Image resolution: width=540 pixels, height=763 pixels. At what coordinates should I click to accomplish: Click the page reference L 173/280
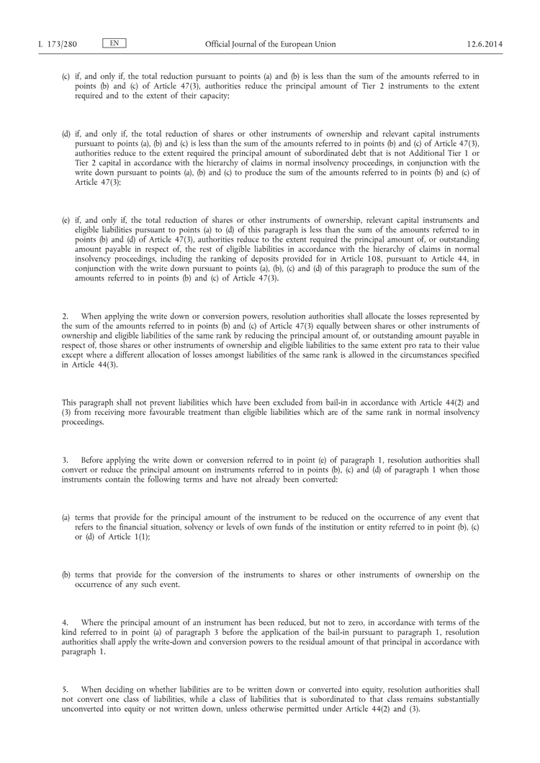coord(57,45)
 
